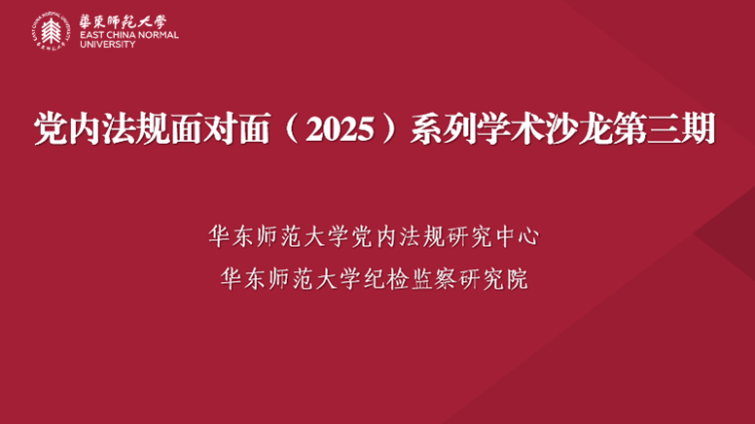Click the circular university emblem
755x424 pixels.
[x=51, y=31]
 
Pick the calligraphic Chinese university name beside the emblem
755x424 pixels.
[x=123, y=21]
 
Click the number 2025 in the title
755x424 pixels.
[x=340, y=129]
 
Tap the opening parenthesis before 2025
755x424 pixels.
[x=292, y=128]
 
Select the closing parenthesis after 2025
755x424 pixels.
[x=389, y=128]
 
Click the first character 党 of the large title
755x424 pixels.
[x=51, y=128]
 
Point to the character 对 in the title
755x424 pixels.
[x=219, y=128]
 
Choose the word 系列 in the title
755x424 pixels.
[x=444, y=128]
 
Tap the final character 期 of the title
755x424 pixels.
[x=699, y=128]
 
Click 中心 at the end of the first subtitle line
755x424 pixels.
[x=518, y=236]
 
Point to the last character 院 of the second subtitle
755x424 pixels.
[x=519, y=279]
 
